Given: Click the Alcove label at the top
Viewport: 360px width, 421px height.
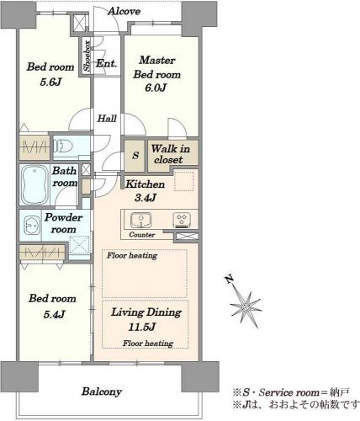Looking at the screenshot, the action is pyautogui.click(x=124, y=11).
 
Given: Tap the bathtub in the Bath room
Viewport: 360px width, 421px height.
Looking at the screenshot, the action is pyautogui.click(x=35, y=185).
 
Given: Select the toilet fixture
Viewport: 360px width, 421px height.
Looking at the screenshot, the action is pyautogui.click(x=63, y=146).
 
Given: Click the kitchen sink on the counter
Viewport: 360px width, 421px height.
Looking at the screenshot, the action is pyautogui.click(x=140, y=220).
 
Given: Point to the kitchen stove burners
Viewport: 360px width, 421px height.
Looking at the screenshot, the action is pyautogui.click(x=182, y=220).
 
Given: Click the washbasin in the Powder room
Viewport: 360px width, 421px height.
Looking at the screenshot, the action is pyautogui.click(x=31, y=225).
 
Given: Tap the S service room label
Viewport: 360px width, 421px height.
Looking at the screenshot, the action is pyautogui.click(x=135, y=155).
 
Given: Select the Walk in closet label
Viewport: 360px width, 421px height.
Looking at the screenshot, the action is pyautogui.click(x=170, y=154).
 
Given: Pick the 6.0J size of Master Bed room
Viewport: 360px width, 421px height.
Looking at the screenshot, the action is pyautogui.click(x=156, y=88).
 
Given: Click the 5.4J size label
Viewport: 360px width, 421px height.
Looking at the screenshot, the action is pyautogui.click(x=54, y=314).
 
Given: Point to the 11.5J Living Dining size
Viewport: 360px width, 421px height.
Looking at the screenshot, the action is pyautogui.click(x=142, y=327).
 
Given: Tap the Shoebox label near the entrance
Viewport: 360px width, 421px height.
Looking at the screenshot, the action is pyautogui.click(x=87, y=56).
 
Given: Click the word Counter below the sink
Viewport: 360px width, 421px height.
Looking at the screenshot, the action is pyautogui.click(x=142, y=235).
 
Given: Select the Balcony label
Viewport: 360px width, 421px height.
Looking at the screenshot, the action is pyautogui.click(x=102, y=392).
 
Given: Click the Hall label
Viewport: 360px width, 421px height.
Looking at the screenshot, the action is pyautogui.click(x=107, y=119).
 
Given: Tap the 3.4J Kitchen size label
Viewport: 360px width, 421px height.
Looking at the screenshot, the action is pyautogui.click(x=145, y=198).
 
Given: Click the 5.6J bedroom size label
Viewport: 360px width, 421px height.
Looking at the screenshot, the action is pyautogui.click(x=50, y=82).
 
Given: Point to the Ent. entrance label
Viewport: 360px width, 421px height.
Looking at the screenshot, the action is pyautogui.click(x=106, y=63).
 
